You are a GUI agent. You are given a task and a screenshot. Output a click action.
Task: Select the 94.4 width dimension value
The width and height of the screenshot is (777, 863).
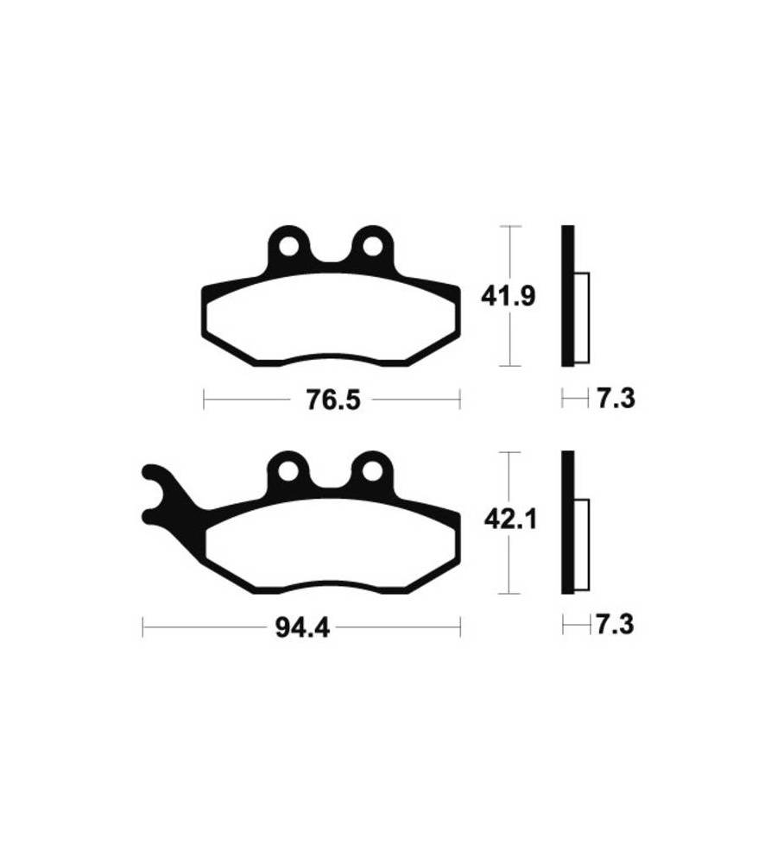click(x=302, y=627)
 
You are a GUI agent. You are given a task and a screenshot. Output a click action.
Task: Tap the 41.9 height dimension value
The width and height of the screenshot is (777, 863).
click(x=508, y=297)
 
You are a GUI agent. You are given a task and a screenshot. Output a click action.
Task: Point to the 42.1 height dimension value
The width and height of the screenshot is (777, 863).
click(x=510, y=519)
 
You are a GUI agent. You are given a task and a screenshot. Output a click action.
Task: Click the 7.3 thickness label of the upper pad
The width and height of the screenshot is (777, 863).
click(x=616, y=398)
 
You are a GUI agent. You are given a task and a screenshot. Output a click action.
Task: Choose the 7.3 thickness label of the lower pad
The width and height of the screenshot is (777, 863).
click(x=615, y=625)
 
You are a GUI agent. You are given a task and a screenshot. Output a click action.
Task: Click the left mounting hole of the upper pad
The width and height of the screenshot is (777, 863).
click(x=288, y=247)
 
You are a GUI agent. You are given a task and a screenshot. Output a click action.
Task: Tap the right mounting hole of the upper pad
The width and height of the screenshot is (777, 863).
click(x=373, y=247)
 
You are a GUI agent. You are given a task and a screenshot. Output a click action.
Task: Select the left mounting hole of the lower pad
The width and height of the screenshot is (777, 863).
click(x=287, y=472)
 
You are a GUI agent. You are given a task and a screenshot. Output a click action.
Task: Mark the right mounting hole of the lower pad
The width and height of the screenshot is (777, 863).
click(x=373, y=472)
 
